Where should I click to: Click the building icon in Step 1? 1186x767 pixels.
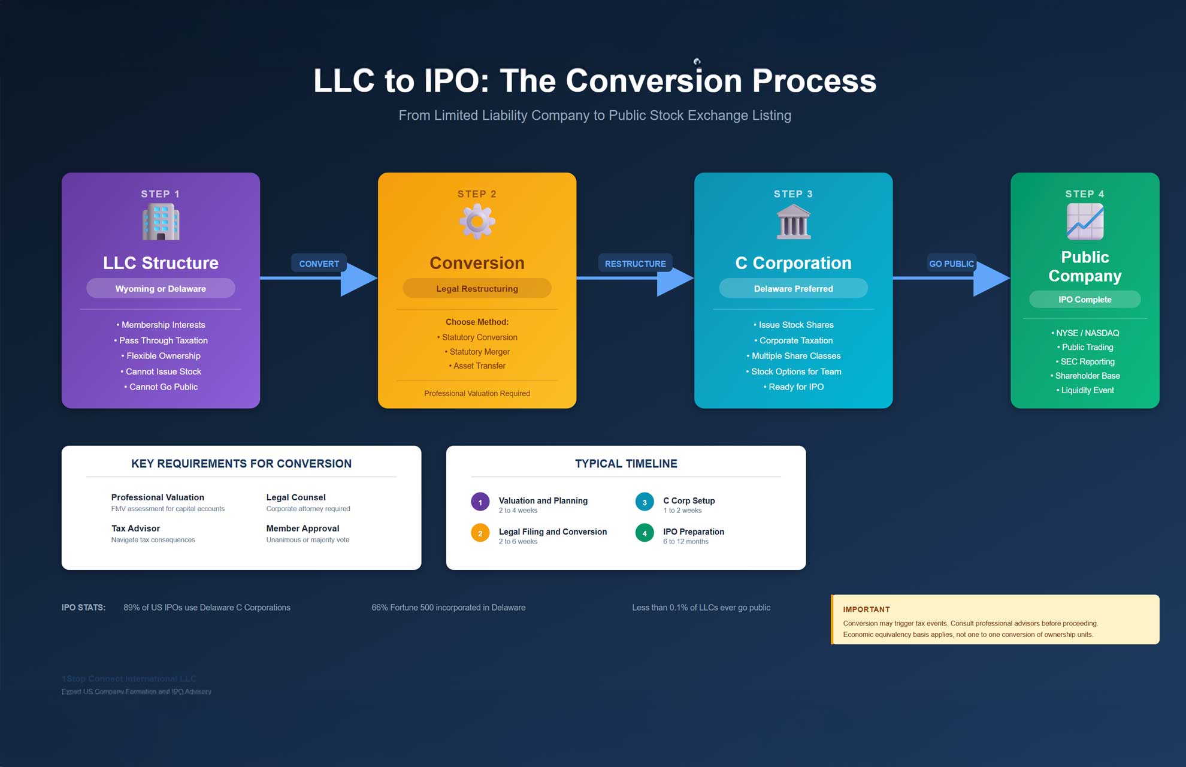point(161,222)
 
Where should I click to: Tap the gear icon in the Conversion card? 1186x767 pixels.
point(477,222)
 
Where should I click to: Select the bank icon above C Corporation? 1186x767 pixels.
point(793,222)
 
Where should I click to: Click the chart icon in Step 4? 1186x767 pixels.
point(1085,222)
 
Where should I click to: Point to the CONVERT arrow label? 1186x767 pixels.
point(319,264)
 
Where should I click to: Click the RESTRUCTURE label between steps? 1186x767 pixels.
point(635,264)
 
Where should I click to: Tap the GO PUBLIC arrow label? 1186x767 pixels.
point(951,264)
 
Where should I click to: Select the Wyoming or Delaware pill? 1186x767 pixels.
point(161,288)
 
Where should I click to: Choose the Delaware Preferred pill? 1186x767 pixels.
point(793,288)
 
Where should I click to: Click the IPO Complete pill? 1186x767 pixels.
point(1085,299)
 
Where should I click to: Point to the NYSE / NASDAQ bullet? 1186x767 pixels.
point(1086,333)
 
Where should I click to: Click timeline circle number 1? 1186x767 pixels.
point(480,502)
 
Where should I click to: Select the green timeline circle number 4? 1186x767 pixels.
point(645,533)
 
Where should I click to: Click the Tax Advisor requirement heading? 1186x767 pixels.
point(135,529)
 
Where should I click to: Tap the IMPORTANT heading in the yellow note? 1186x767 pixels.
point(866,609)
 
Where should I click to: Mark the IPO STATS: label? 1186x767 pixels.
point(83,608)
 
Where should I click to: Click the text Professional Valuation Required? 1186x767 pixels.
point(477,394)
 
